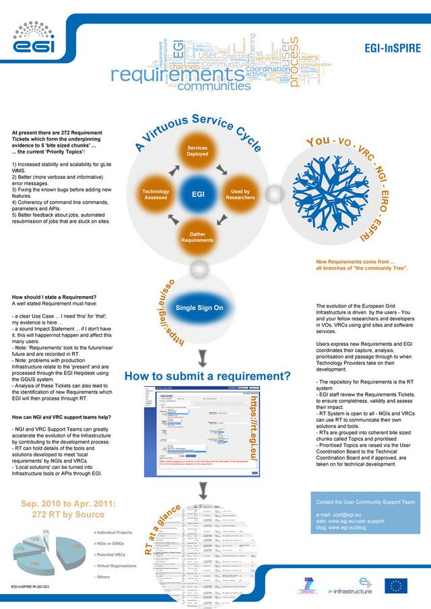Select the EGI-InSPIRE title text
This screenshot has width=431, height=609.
[393, 49]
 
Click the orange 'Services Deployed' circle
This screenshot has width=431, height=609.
[197, 151]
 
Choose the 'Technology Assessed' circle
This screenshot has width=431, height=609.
[156, 195]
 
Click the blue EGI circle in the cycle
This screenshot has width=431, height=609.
[198, 194]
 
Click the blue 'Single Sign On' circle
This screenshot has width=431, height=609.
[199, 308]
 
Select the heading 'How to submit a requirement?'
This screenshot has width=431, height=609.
[207, 375]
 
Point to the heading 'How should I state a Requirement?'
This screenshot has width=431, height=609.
[54, 297]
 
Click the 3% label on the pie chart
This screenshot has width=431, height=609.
[46, 532]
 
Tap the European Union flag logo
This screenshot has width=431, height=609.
[395, 585]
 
